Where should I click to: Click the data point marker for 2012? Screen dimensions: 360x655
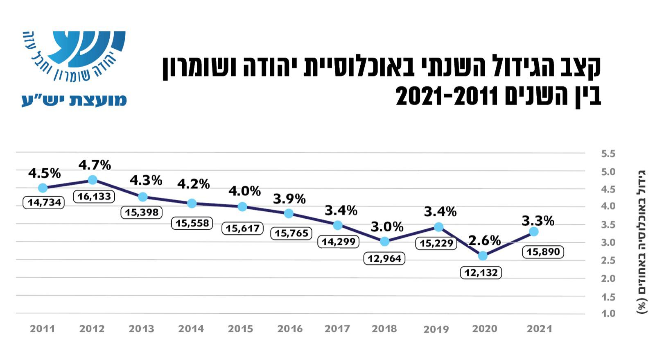coord(93,180)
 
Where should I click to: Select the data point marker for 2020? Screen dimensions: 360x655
coord(483,256)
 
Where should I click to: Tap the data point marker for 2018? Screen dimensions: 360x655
coord(384,241)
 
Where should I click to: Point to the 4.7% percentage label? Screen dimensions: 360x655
coord(95,165)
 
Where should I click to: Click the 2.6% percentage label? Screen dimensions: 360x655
coord(484,240)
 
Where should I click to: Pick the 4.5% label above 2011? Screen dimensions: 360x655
coord(44,173)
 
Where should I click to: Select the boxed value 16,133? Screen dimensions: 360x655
coord(94,197)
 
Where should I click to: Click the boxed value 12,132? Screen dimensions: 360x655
coord(481,272)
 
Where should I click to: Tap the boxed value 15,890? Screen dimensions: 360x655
coord(543,251)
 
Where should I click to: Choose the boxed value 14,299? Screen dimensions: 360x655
coord(338,242)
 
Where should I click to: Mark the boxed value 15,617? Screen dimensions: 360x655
coord(242,228)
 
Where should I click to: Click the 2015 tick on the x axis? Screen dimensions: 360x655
coord(240,328)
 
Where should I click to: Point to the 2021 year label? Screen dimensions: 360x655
coord(540,328)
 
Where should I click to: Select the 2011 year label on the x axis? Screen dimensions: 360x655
coord(42,328)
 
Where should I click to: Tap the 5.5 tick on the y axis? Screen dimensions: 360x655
coord(608,154)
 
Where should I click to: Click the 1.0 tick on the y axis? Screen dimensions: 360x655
coord(608,314)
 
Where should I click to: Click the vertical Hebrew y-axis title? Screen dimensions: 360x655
coord(641,242)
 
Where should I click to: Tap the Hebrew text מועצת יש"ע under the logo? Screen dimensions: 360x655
coord(74,100)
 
